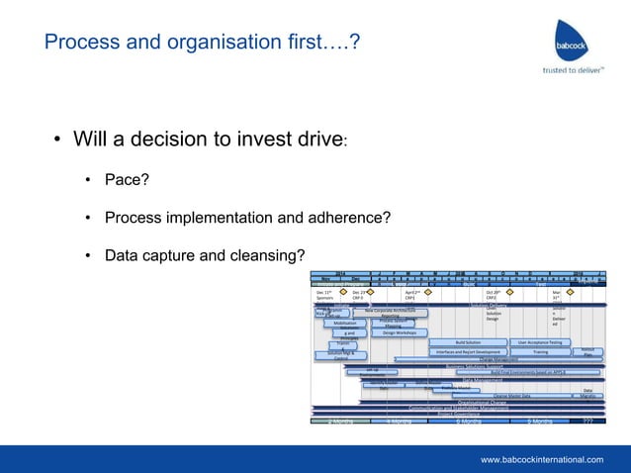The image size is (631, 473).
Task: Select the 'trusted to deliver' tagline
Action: (x=572, y=70)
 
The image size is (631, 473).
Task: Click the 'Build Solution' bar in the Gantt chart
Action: (x=468, y=342)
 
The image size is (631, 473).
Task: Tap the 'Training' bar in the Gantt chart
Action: (x=541, y=351)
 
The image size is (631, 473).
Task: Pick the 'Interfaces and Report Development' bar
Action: (x=468, y=351)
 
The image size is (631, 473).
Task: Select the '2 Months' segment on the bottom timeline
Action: (x=340, y=421)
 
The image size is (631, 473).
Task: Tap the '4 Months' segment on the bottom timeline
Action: (x=399, y=421)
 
